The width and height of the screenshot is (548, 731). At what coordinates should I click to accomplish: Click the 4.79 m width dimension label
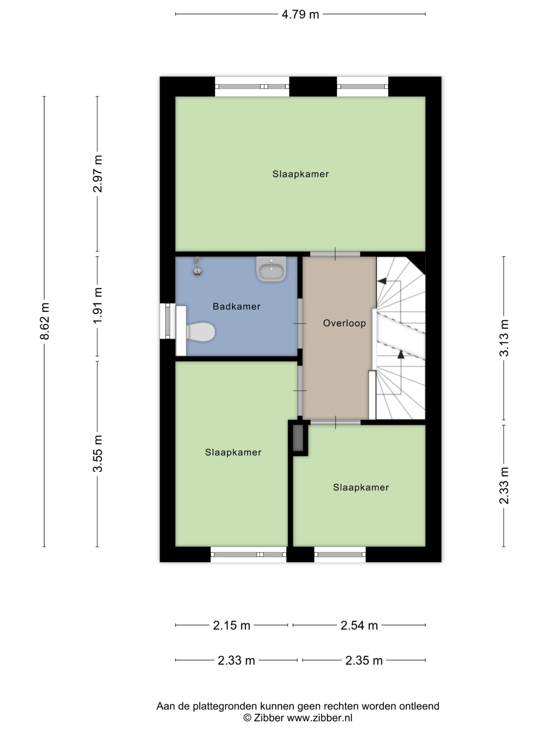click(300, 14)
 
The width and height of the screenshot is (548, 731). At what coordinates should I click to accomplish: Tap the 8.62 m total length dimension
click(45, 321)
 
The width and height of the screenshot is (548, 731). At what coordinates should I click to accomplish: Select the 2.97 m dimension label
click(97, 174)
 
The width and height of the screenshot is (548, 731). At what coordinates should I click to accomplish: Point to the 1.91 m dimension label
click(97, 306)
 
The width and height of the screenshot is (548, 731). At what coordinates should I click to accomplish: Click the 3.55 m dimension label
click(97, 453)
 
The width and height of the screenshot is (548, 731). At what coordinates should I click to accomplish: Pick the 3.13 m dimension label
click(504, 337)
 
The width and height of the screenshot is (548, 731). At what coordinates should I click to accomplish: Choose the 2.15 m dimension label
click(231, 625)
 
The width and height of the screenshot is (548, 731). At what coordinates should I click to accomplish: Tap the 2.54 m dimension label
click(359, 625)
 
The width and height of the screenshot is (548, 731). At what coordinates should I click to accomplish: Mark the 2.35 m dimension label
click(364, 660)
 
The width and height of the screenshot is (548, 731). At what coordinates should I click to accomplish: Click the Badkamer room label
click(236, 306)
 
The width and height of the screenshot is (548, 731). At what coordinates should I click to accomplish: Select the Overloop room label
click(344, 323)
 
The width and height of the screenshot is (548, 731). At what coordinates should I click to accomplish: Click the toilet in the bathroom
click(200, 332)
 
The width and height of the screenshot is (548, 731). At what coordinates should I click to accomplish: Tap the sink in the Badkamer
click(271, 268)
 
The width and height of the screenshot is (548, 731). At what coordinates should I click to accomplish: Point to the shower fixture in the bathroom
click(197, 266)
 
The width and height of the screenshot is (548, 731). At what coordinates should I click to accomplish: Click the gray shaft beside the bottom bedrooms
click(298, 438)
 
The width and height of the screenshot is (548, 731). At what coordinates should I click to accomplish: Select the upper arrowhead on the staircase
click(382, 281)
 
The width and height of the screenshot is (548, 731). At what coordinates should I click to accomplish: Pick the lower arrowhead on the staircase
click(401, 354)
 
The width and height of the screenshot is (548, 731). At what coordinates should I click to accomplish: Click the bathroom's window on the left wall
click(167, 321)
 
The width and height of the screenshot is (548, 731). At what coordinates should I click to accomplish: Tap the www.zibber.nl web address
click(320, 718)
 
